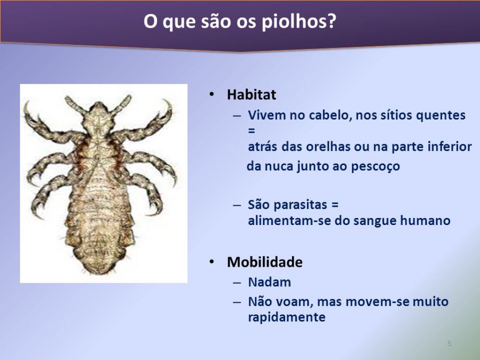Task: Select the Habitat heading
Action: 251,94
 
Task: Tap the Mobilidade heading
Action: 265,262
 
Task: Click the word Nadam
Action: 270,282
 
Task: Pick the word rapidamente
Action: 286,317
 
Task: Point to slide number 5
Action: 449,344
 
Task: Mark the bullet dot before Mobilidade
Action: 212,262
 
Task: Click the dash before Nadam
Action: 237,283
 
